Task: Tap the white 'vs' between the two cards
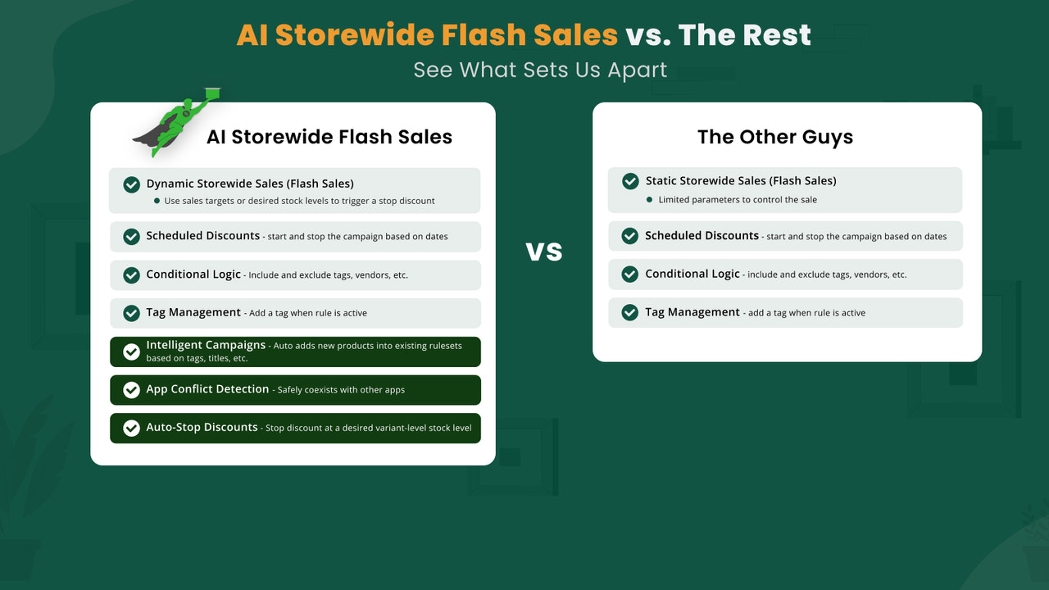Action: point(544,251)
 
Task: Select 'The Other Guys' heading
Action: point(775,137)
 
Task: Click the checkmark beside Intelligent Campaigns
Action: point(131,352)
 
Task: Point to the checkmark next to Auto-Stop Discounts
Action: point(131,428)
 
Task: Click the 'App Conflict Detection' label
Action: point(207,389)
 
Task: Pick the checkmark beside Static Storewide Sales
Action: point(630,181)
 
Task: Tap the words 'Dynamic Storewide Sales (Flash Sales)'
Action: point(250,184)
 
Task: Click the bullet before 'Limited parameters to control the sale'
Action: point(649,200)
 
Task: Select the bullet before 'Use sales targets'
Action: point(157,201)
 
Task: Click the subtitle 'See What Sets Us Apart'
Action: point(540,70)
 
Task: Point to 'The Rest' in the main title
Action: point(744,35)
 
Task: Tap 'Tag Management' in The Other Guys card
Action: point(693,312)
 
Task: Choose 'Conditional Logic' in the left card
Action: point(193,275)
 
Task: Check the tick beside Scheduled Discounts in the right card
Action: point(630,236)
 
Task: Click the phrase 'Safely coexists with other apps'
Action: point(341,390)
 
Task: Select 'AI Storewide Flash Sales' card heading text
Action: point(329,137)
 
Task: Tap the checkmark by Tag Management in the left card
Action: point(131,313)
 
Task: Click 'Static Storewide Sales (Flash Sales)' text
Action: point(741,181)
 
